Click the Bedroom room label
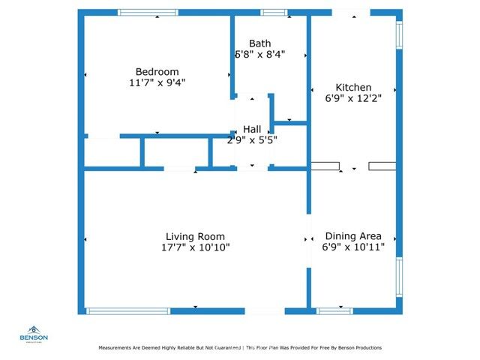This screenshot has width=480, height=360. pos(157,72)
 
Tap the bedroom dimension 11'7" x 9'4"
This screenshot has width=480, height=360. pos(157,83)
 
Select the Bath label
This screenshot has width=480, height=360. pos(260,43)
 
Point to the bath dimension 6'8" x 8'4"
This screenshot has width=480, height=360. pos(270,55)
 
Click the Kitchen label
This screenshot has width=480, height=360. pos(353,87)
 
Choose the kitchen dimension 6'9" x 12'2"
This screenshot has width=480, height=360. pos(353,98)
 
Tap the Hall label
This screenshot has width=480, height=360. pos(252,129)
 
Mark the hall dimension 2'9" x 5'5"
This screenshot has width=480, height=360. pos(252,139)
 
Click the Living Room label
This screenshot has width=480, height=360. pos(195,237)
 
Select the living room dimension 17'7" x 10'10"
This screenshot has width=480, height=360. pos(195,247)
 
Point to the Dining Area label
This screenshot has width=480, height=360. pos(353,235)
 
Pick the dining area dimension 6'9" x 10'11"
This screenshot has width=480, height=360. pos(353,247)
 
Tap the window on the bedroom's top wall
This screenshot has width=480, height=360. pos(148,12)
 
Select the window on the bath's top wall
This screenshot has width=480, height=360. pos(273,12)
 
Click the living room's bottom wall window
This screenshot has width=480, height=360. pos(128,310)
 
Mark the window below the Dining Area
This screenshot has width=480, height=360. pos(334,310)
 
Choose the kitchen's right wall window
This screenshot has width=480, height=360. pos(399,34)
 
